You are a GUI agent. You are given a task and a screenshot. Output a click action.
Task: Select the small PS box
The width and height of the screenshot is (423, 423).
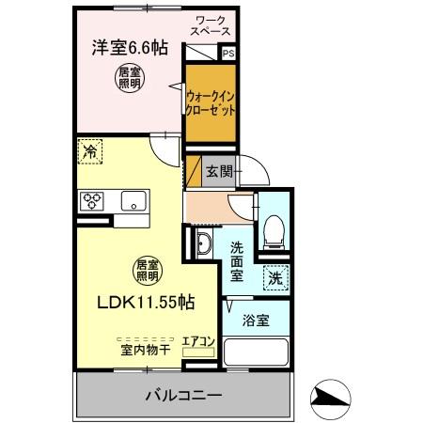point(229,55)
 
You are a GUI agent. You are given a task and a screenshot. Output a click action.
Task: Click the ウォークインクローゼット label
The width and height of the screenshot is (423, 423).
point(210,102)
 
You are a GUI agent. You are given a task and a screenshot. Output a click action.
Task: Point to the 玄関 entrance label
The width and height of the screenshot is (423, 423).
point(218,171)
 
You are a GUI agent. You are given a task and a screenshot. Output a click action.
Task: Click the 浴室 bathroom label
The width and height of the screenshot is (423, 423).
point(257,320)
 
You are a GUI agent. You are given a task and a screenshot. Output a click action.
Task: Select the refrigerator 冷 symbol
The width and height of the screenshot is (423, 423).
point(90,150)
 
